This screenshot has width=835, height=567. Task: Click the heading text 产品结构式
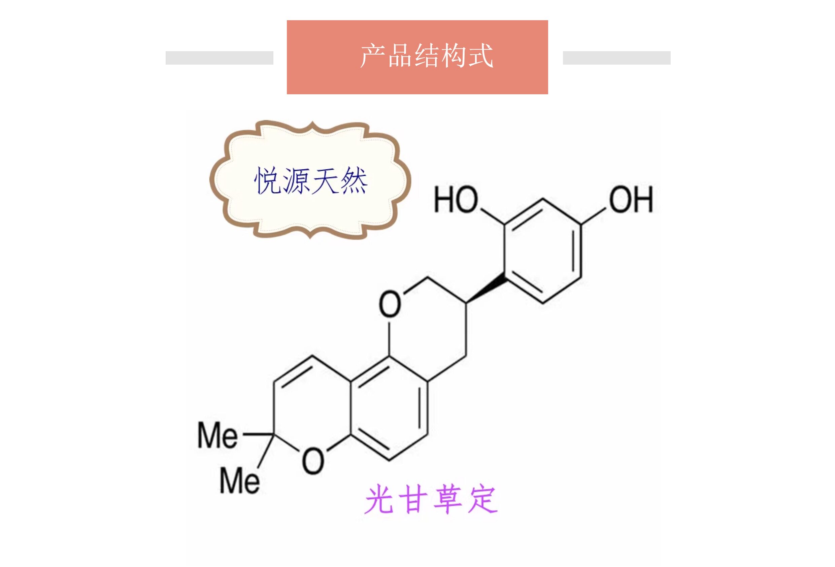click(427, 56)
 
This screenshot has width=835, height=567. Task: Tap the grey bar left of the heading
click(219, 58)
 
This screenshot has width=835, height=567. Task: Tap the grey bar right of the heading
click(616, 58)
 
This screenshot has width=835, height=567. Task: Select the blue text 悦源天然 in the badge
click(310, 181)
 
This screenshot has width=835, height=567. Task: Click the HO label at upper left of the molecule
click(456, 199)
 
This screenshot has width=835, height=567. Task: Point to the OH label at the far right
click(631, 199)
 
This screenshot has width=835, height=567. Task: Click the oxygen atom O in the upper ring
click(390, 304)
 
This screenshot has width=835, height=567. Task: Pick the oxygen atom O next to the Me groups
click(313, 461)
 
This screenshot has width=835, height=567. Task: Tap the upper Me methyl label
click(218, 436)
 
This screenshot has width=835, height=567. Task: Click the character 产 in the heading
click(373, 56)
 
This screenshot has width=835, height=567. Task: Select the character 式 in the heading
click(481, 56)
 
